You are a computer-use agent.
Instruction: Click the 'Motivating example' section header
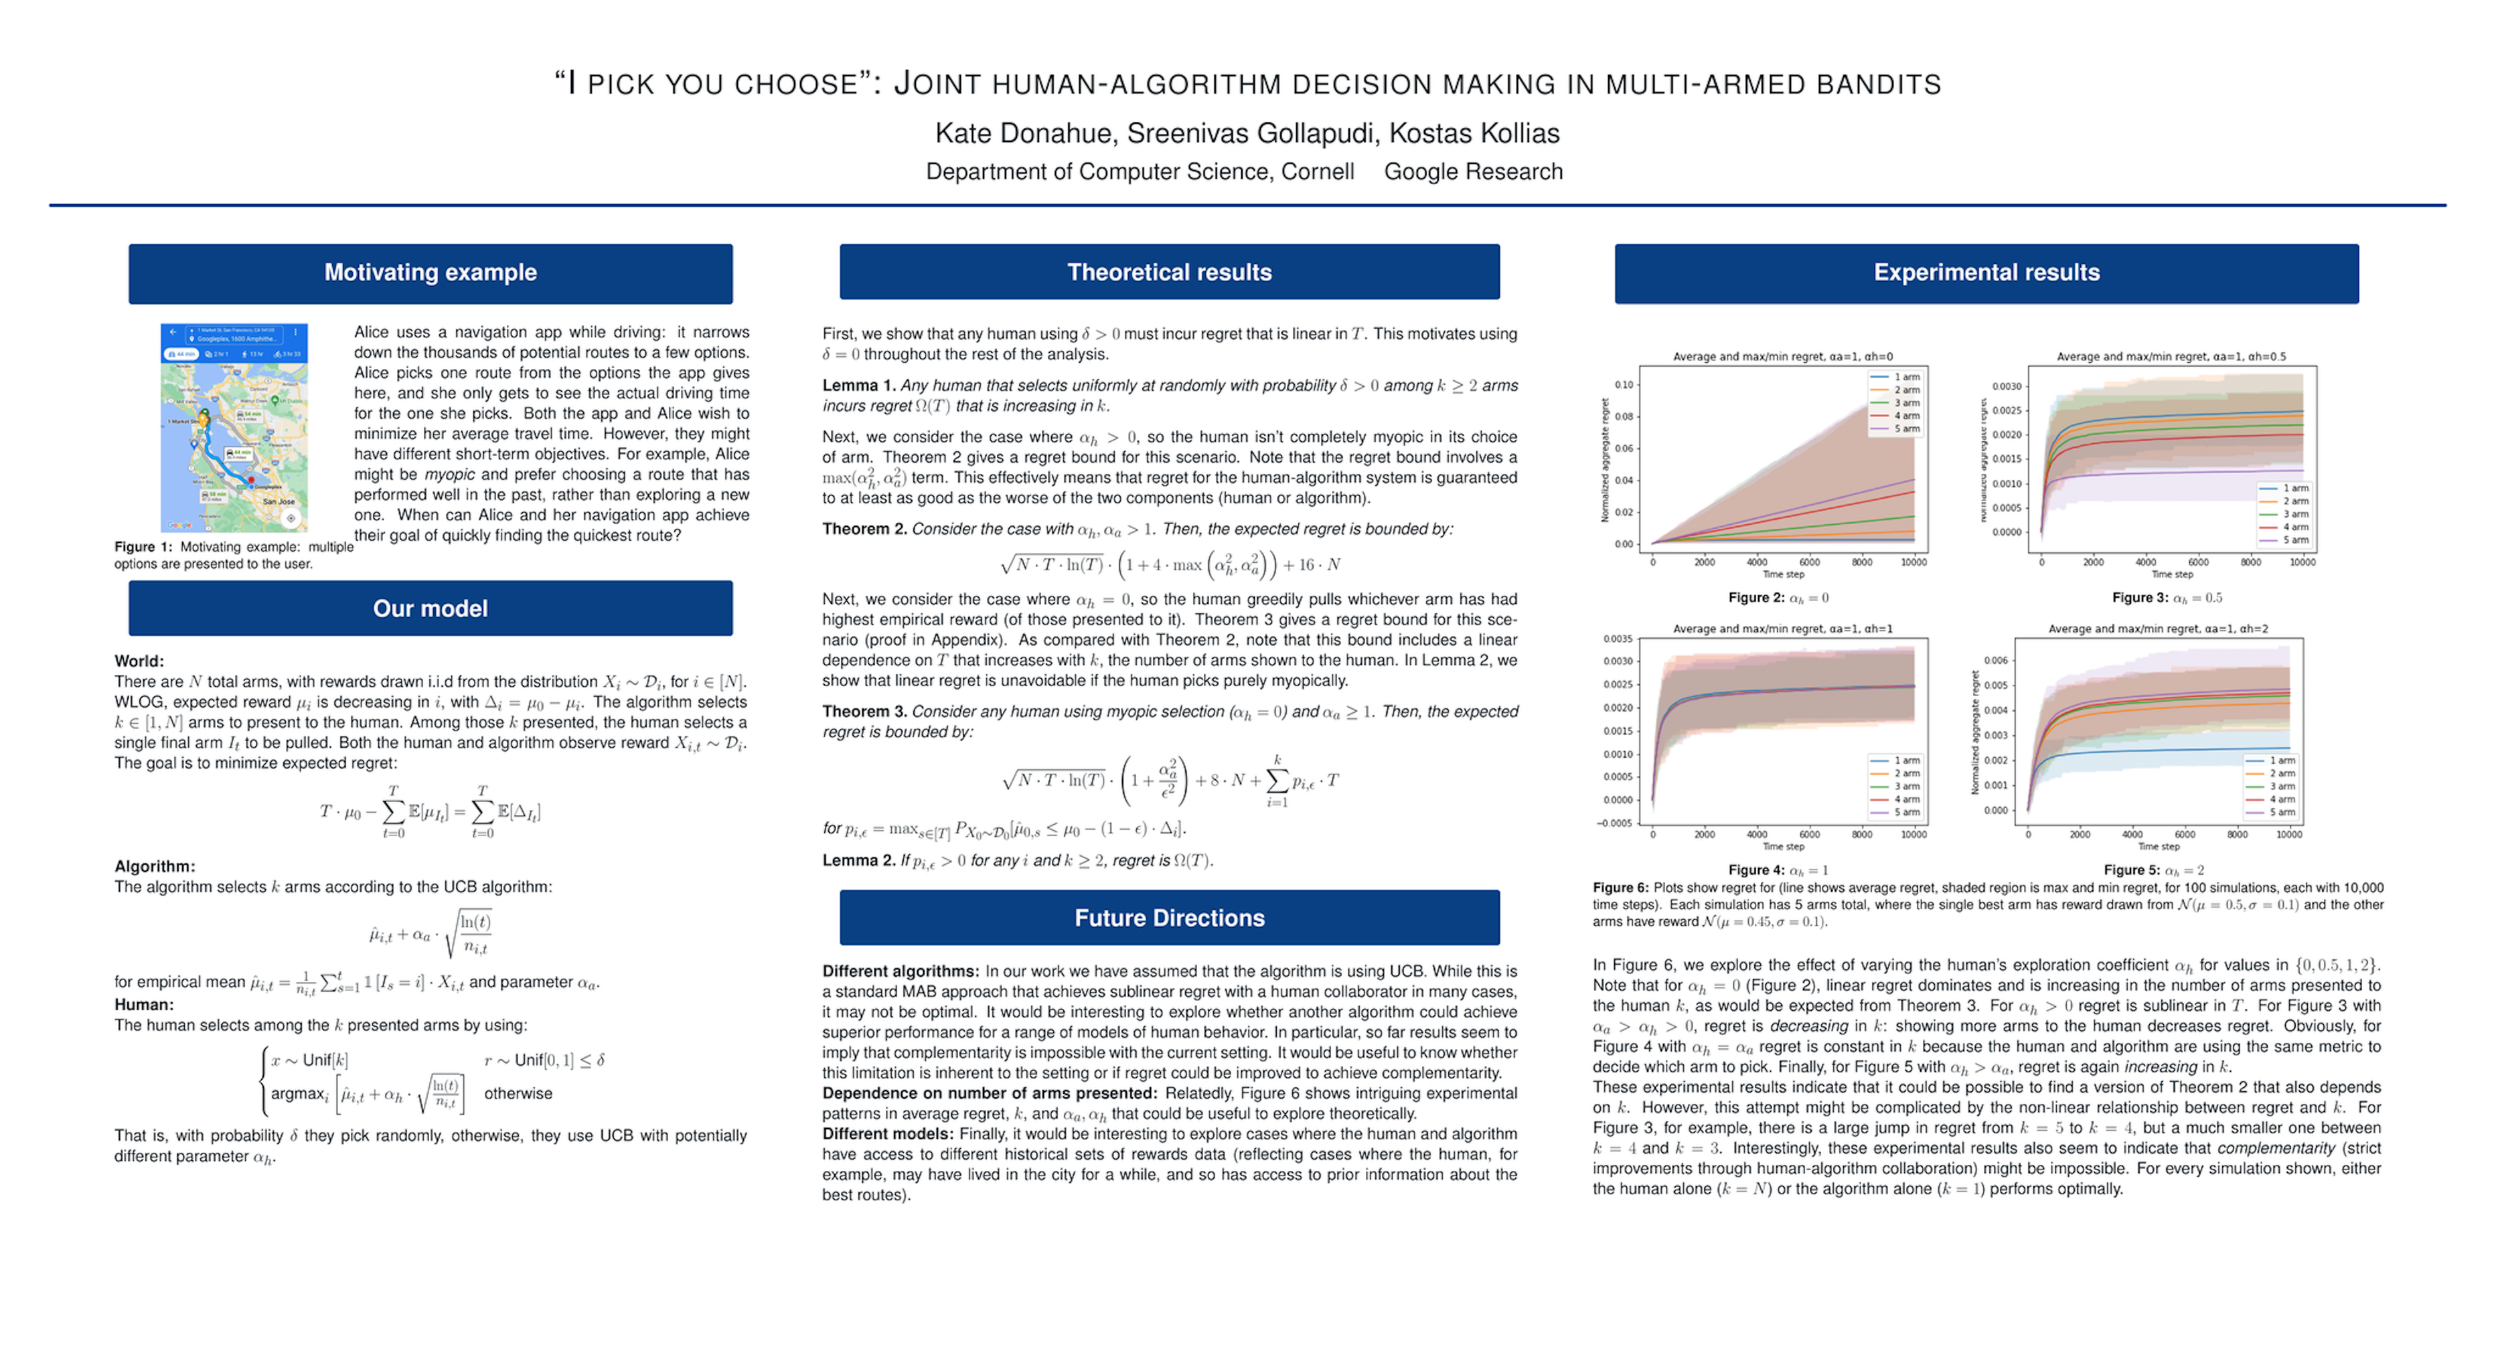[431, 272]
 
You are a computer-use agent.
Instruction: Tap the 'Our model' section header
[431, 609]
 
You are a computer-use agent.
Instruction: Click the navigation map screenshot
[234, 427]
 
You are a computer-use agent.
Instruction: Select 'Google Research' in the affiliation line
[1473, 171]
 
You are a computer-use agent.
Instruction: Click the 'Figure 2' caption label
[1756, 598]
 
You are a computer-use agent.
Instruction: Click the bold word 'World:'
[139, 661]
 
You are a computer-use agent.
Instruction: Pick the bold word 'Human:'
[143, 1005]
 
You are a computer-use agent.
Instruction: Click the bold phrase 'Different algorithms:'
[900, 971]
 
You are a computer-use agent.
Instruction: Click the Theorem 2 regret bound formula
[1170, 564]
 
